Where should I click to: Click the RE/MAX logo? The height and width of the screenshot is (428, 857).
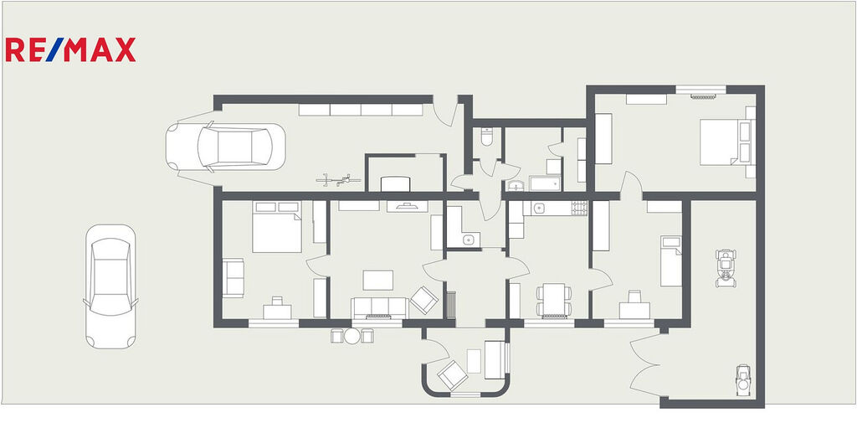tap(70, 49)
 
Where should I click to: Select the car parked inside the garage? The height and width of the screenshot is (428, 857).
tap(226, 147)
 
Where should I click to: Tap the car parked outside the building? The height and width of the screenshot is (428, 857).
tap(110, 286)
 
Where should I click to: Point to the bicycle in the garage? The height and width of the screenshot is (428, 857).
tap(338, 178)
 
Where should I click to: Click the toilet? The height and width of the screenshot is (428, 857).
tap(487, 137)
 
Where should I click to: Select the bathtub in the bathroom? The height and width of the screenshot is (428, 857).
tap(545, 183)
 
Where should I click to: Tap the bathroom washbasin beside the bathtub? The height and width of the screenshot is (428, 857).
tap(516, 185)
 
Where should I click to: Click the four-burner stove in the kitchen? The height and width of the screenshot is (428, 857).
tap(579, 208)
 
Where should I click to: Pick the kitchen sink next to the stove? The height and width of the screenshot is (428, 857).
tap(539, 208)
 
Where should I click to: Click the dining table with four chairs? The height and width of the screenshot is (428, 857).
tap(554, 300)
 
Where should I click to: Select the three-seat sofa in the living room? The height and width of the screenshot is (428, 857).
tap(380, 307)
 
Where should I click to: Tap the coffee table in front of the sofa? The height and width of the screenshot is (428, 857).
tap(378, 281)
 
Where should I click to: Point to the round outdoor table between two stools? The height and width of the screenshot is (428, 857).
tap(352, 336)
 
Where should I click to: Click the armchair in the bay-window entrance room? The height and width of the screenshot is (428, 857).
tap(452, 375)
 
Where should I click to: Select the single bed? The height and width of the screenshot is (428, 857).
tap(671, 261)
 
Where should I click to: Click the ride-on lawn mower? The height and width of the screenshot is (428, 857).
tap(726, 268)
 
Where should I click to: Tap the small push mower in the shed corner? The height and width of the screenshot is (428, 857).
tap(743, 379)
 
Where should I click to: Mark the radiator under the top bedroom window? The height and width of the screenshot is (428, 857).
tap(703, 97)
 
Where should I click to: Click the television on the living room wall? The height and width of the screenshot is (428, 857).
tap(408, 206)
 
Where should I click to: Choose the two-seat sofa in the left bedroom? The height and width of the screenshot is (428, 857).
tap(233, 277)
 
